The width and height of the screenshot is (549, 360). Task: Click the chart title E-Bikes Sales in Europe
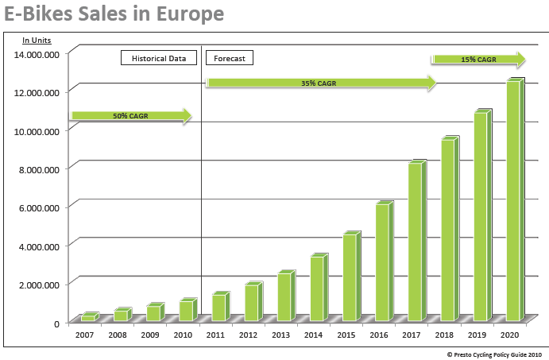click(112, 14)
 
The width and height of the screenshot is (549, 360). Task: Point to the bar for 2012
click(251, 302)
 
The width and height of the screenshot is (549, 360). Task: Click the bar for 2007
click(88, 317)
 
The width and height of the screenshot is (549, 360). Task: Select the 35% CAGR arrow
click(320, 83)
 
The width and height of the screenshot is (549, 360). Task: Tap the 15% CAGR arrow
click(478, 60)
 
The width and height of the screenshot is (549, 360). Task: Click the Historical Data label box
click(159, 58)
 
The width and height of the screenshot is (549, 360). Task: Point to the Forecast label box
click(230, 58)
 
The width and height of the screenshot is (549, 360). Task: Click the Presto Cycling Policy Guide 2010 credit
click(494, 354)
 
